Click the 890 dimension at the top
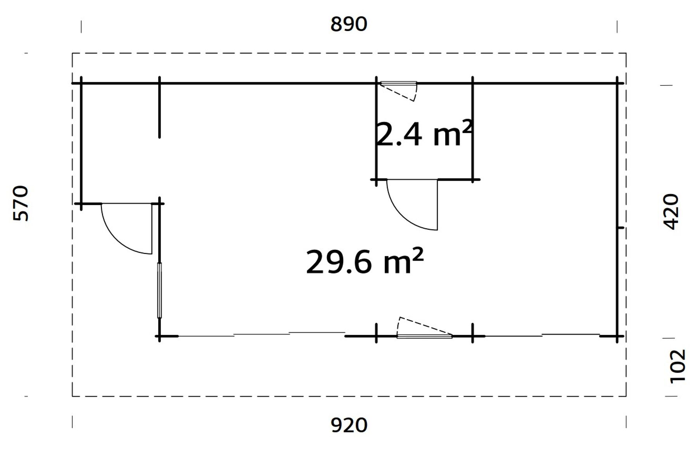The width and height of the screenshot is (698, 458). [x=349, y=24]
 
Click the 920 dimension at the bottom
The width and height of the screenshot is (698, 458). [x=349, y=425]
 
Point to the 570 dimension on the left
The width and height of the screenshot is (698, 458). [x=21, y=204]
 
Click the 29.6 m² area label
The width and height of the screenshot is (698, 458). [x=364, y=262]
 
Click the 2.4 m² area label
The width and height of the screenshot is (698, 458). [x=424, y=134]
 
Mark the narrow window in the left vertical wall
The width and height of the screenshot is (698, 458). [x=159, y=290]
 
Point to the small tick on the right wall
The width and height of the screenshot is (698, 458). [x=620, y=228]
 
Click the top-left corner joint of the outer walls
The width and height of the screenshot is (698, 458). [x=81, y=83]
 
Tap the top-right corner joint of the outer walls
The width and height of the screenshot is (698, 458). [x=617, y=83]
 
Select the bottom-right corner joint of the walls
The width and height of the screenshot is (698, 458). [x=617, y=336]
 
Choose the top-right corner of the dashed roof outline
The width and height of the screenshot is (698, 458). [x=626, y=54]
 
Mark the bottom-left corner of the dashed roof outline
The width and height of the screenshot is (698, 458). [x=73, y=396]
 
